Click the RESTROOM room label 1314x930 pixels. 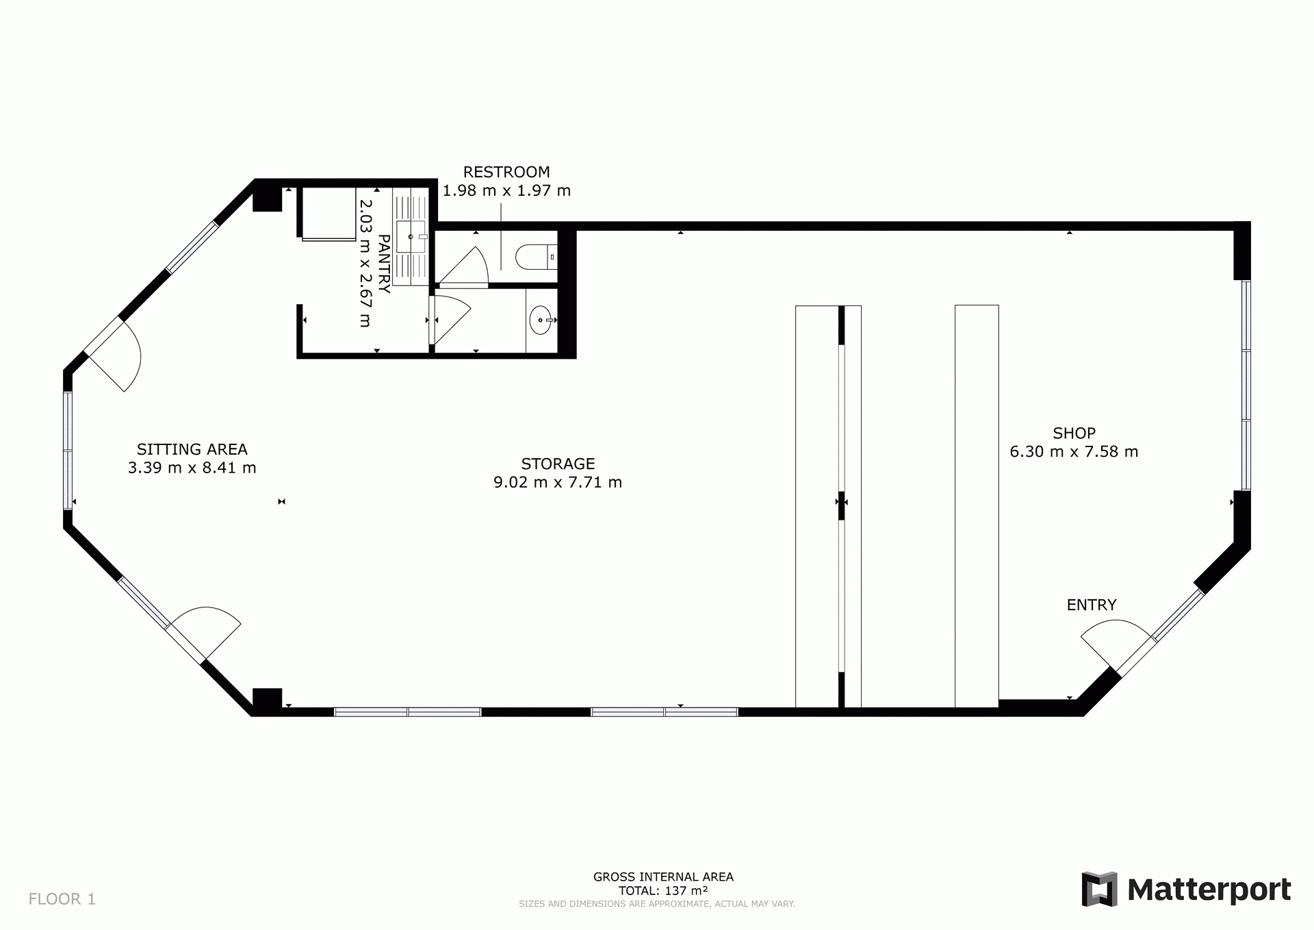pyautogui.click(x=506, y=172)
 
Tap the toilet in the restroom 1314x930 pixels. pyautogui.click(x=536, y=257)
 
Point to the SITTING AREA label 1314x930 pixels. pyautogui.click(x=192, y=449)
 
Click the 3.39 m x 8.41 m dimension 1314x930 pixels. pyautogui.click(x=192, y=468)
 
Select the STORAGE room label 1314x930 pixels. pyautogui.click(x=558, y=464)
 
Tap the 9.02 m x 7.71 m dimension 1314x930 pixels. pyautogui.click(x=558, y=482)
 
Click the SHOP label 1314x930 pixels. pyautogui.click(x=1074, y=433)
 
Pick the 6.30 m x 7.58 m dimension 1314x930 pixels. pyautogui.click(x=1074, y=451)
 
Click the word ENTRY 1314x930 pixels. pyautogui.click(x=1092, y=605)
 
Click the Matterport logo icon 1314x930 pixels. pyautogui.click(x=1100, y=889)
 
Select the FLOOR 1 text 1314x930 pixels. pyautogui.click(x=62, y=899)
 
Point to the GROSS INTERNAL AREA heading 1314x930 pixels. pyautogui.click(x=663, y=877)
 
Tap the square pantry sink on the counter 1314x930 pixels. pyautogui.click(x=411, y=237)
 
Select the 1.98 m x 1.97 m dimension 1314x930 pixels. pyautogui.click(x=506, y=190)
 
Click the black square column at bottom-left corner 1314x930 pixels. pyautogui.click(x=268, y=700)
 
